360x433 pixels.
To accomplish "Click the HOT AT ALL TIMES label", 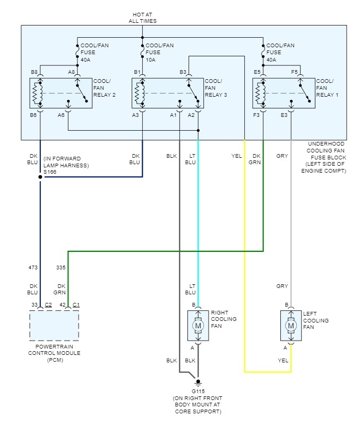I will coord(142,17).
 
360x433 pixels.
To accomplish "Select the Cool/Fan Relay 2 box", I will coord(60,92).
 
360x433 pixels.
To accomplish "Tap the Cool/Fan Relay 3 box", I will coord(167,92).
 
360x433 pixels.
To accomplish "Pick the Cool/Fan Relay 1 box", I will coord(282,92).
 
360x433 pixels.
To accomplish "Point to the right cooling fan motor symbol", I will coord(198,325).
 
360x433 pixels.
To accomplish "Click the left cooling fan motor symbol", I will coord(291,325).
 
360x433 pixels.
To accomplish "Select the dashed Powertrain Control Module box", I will coord(54,325).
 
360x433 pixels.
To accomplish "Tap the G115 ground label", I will coord(198,391).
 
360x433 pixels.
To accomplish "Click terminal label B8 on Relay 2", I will coord(34,72).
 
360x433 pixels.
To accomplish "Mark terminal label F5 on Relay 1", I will coord(294,72).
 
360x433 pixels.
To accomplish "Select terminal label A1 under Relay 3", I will coord(173,114).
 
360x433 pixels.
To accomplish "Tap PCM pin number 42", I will coord(62,305).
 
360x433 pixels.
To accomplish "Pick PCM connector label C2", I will coord(48,305).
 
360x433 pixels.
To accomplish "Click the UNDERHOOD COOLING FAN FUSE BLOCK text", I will coord(325,157).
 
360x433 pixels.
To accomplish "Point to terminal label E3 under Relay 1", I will coord(284,114).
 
